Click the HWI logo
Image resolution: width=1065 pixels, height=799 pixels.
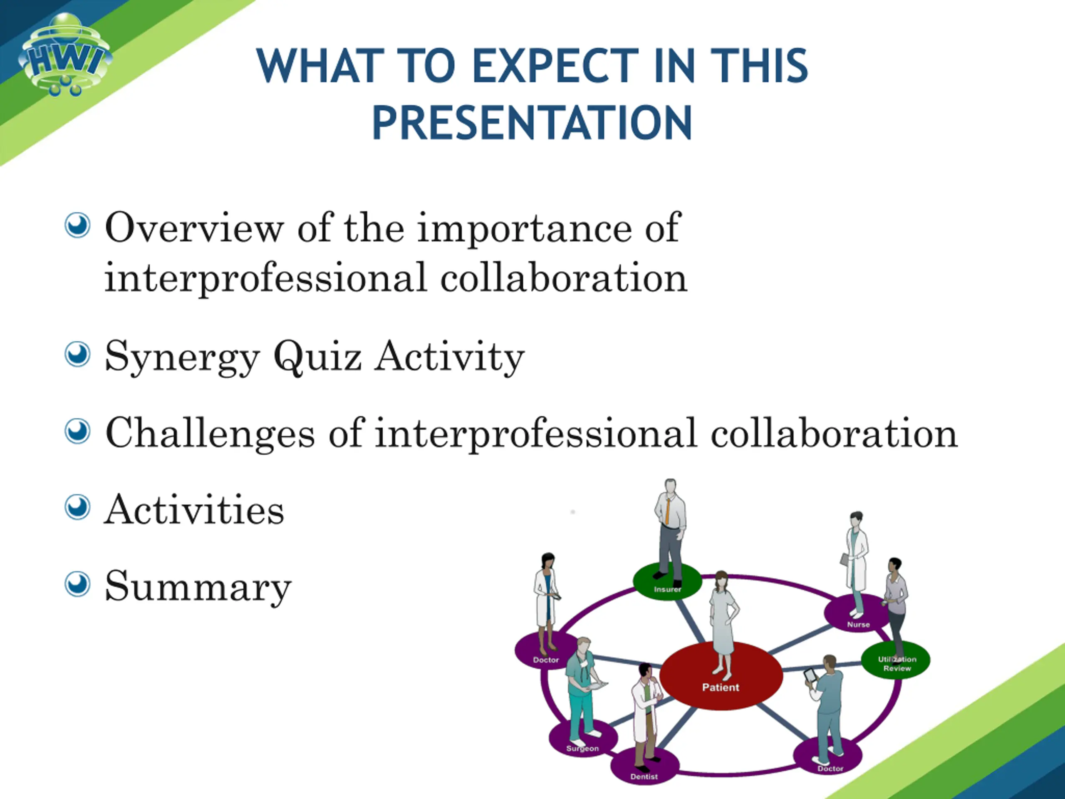coord(65,54)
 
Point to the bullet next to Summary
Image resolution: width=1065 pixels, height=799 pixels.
coord(77,584)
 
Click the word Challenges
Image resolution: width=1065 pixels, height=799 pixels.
coord(210,434)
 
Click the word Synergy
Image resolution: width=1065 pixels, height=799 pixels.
coord(183,357)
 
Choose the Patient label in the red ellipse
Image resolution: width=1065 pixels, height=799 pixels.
coord(720,687)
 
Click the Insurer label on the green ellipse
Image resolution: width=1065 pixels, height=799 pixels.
coord(668,589)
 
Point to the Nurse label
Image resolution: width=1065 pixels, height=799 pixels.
coord(859,624)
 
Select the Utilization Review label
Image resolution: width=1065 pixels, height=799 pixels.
coord(897,664)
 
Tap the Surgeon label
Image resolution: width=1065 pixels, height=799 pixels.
coord(582,748)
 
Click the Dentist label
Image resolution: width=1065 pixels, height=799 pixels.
coord(644,777)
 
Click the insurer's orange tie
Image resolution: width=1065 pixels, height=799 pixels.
coord(667,511)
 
